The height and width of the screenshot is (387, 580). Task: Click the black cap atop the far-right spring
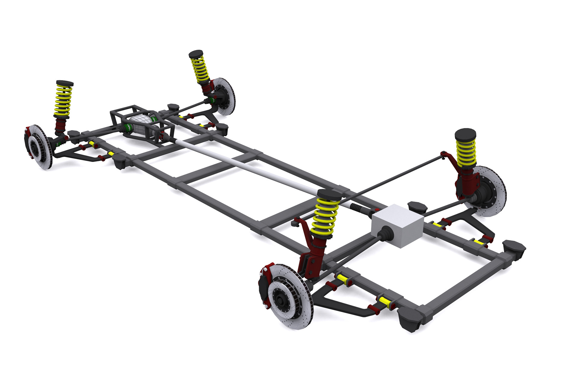(x=465, y=135)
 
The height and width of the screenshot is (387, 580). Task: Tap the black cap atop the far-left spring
(x=65, y=83)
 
